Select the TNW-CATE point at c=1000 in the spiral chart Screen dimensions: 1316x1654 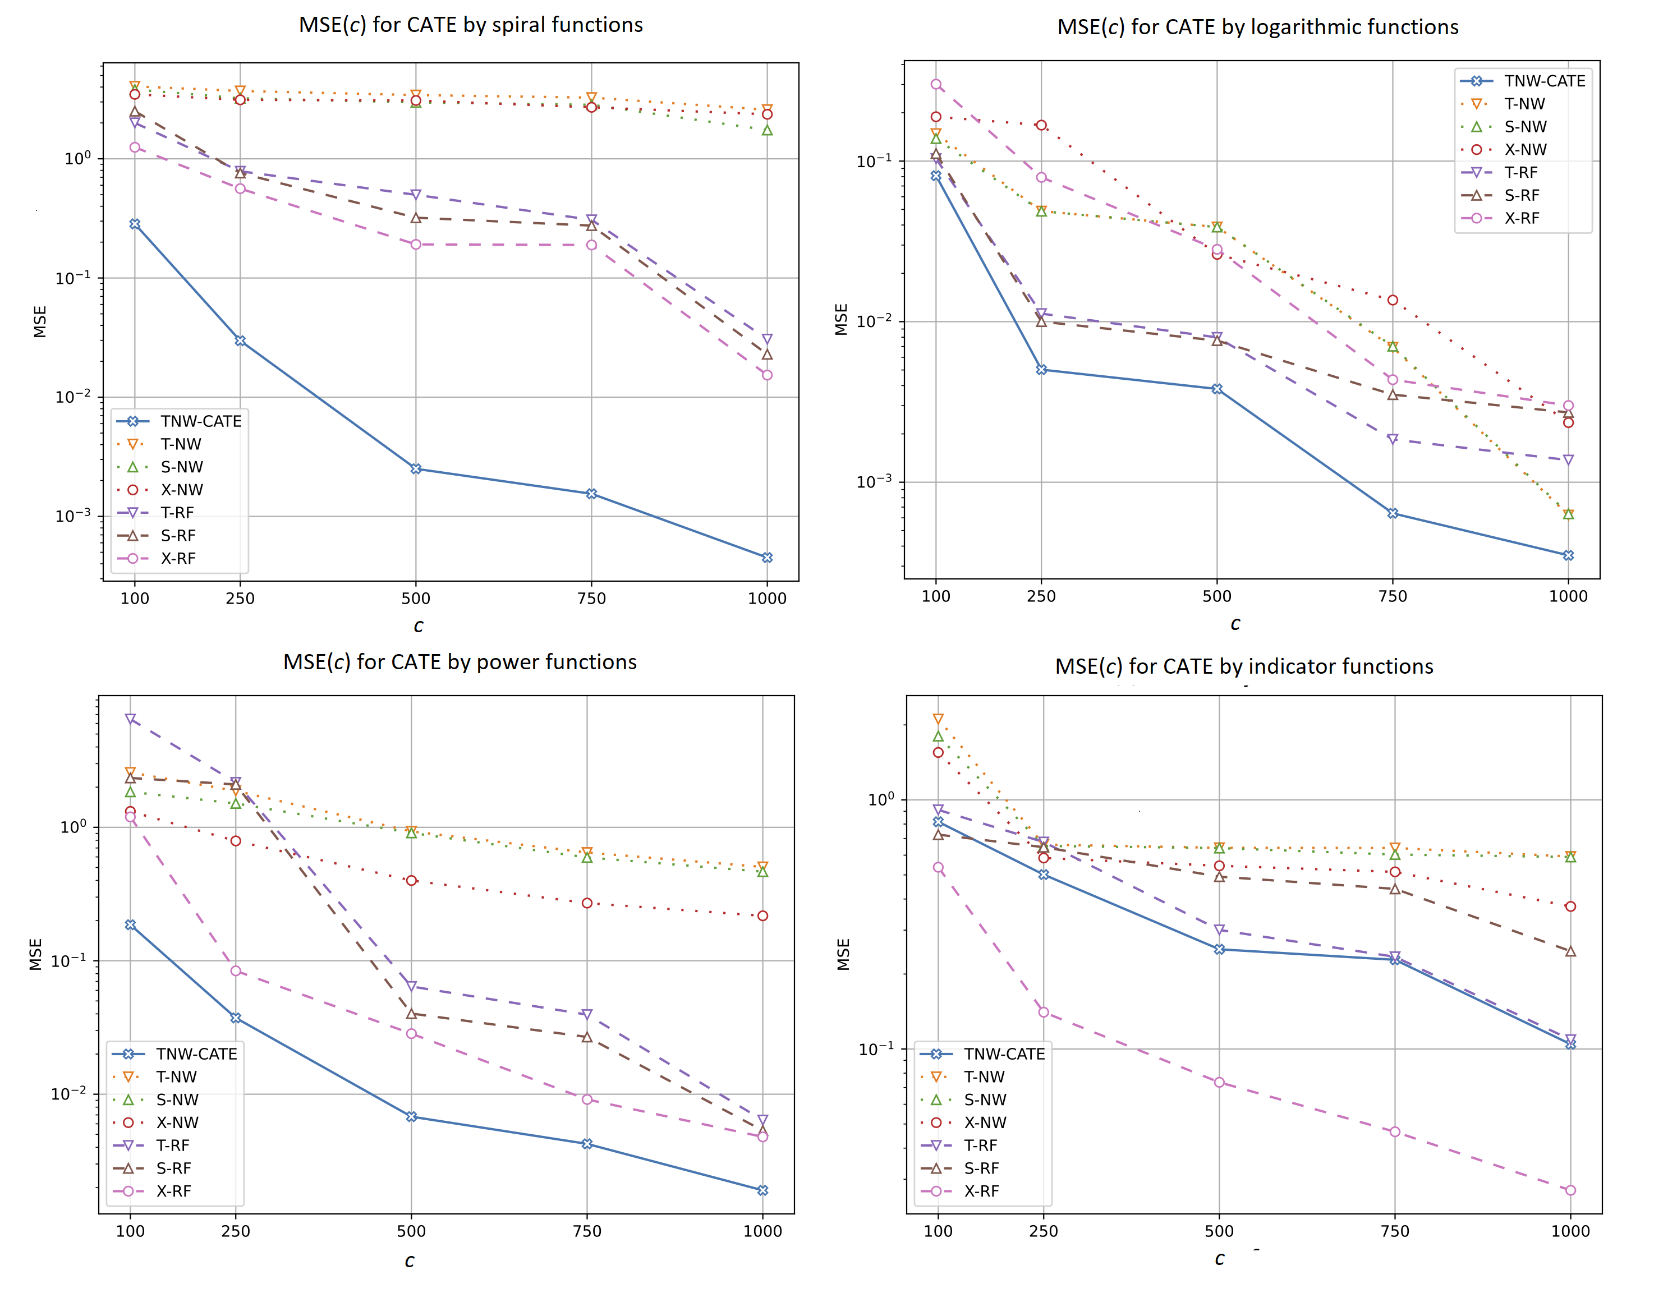click(x=766, y=558)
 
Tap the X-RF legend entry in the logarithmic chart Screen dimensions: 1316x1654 click(x=1521, y=218)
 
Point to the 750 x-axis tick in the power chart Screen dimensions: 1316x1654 click(x=587, y=1231)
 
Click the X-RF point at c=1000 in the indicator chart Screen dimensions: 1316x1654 click(x=1570, y=1190)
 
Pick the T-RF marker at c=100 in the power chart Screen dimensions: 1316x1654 click(x=130, y=719)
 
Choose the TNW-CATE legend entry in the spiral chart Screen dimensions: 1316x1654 click(x=200, y=421)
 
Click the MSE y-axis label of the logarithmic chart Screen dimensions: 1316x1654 click(x=841, y=320)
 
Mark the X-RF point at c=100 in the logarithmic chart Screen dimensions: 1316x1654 click(x=936, y=84)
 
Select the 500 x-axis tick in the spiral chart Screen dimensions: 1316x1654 click(x=416, y=598)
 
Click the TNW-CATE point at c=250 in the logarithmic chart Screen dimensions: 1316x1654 click(x=1041, y=370)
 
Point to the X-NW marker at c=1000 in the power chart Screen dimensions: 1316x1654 click(x=762, y=915)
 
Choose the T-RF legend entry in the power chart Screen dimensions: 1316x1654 click(x=173, y=1145)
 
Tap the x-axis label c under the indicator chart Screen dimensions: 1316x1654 click(x=1219, y=1258)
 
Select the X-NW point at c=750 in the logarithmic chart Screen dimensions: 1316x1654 click(x=1393, y=300)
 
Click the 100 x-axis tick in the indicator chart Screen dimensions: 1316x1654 click(x=938, y=1231)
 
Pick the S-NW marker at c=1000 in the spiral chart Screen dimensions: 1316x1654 click(x=766, y=130)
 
